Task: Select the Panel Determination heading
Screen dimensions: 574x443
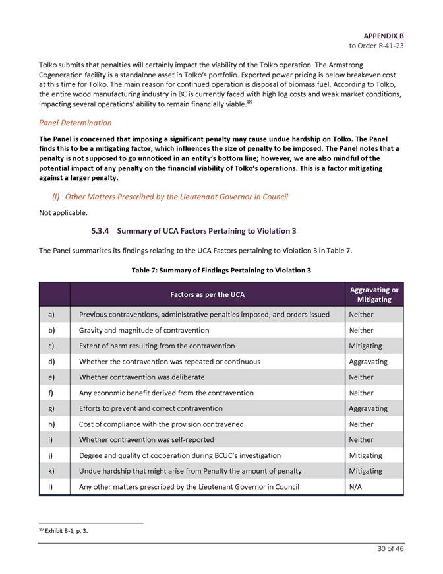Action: tap(75, 123)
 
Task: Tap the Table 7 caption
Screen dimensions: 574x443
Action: tap(221, 270)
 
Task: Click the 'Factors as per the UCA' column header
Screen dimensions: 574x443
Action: tap(207, 294)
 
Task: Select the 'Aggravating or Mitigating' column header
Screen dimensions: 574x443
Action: tap(373, 294)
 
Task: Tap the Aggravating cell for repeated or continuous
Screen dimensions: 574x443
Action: tap(368, 362)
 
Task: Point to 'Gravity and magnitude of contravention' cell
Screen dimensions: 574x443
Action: tap(144, 330)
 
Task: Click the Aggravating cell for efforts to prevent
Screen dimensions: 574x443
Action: tap(368, 408)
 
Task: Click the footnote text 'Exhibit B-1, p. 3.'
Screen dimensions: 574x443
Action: tap(65, 530)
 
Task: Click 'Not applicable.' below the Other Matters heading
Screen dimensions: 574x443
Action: tap(63, 213)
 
